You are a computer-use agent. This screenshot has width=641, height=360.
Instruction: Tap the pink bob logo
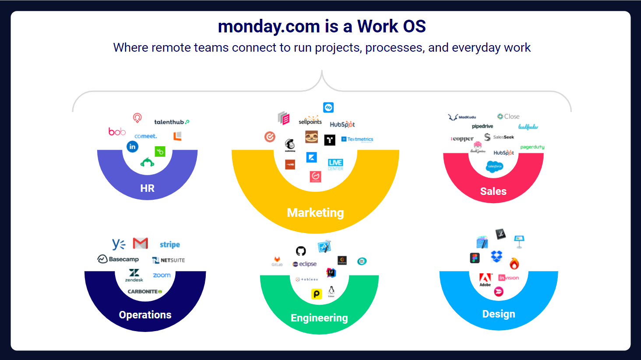coord(117,131)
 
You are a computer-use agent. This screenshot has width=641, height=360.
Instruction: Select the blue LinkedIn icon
coord(132,147)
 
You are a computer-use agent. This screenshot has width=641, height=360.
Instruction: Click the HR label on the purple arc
coord(147,188)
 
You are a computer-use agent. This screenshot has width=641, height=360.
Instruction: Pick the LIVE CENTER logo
coord(335,164)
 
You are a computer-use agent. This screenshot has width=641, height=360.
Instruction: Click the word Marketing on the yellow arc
coord(315,213)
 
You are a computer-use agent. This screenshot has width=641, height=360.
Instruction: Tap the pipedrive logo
coord(482,126)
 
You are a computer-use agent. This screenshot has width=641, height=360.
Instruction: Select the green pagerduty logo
coord(532,147)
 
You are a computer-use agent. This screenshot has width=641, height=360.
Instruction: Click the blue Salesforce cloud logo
coord(494,166)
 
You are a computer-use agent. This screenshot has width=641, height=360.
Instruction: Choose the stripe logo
coord(169,244)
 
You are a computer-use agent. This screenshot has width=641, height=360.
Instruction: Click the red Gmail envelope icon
coord(141,243)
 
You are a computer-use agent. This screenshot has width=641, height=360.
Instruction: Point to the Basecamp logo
coord(118,259)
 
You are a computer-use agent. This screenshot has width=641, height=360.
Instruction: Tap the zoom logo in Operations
coord(162,275)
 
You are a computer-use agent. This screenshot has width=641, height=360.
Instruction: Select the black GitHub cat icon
coord(301,251)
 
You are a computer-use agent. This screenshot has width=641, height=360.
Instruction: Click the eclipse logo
coord(305,264)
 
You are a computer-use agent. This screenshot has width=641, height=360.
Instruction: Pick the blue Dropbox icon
coord(497,256)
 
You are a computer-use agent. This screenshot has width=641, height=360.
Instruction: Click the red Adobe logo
coord(485,278)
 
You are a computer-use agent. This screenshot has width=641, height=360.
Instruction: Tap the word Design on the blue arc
coord(498,314)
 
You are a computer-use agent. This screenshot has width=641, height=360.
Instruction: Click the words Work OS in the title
coord(391,26)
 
